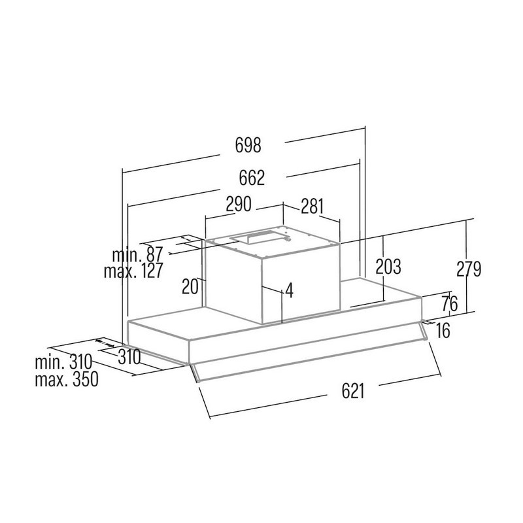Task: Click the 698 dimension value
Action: point(248,146)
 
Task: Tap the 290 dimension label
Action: point(239,205)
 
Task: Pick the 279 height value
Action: point(468,269)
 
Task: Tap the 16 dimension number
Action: point(443,331)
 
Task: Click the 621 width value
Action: point(352,391)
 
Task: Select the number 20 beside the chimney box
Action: point(190,286)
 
